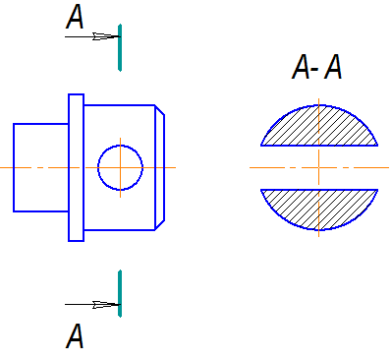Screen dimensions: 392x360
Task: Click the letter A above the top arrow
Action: tap(75, 17)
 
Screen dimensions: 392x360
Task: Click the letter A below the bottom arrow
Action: tap(75, 335)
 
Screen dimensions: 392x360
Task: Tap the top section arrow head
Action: tap(105, 36)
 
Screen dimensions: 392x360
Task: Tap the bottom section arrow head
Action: tap(105, 305)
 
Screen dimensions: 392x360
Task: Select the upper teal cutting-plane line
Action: tap(120, 47)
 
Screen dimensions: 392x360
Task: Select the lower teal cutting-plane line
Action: tap(120, 293)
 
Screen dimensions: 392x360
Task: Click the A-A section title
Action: tap(316, 67)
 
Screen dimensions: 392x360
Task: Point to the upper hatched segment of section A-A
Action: tap(319, 128)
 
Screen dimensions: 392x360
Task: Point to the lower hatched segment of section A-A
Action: tap(319, 208)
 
